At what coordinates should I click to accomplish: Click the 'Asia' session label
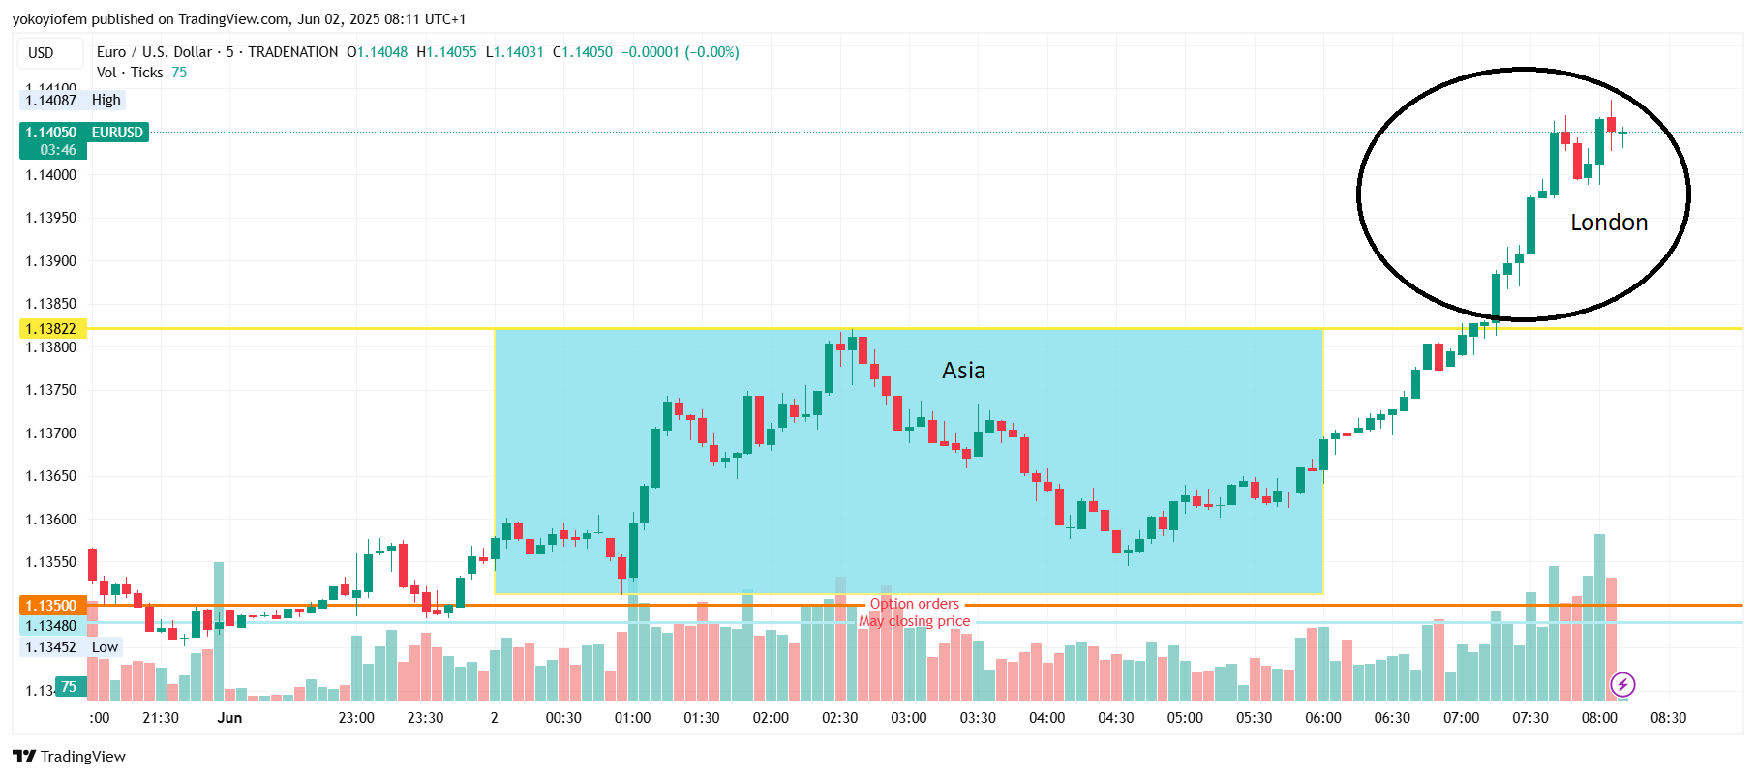[x=963, y=371]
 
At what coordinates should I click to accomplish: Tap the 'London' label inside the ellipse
[x=1608, y=223]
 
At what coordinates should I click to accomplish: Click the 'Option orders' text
[x=914, y=604]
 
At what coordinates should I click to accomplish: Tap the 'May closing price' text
[x=914, y=621]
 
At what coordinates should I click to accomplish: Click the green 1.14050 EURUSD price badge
[x=83, y=133]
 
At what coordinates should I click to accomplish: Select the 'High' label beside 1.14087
[x=106, y=100]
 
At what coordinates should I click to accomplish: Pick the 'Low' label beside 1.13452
[x=105, y=647]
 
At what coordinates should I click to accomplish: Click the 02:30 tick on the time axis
[x=839, y=718]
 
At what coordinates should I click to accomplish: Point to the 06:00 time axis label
[x=1322, y=718]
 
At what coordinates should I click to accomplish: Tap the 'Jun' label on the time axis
[x=229, y=718]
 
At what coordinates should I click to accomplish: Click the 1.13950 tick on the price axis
[x=51, y=218]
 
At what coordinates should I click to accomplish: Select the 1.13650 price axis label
[x=51, y=476]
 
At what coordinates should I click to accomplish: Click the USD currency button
[x=41, y=53]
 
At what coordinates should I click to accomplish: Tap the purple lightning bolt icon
[x=1622, y=685]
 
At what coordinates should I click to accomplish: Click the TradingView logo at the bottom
[x=70, y=757]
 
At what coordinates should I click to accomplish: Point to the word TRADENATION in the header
[x=292, y=52]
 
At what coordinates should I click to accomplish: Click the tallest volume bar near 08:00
[x=1599, y=619]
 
